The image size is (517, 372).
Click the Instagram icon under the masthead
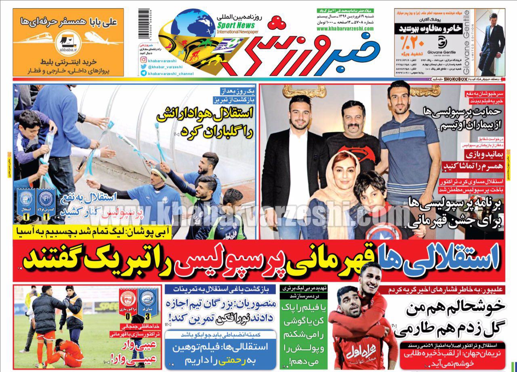(143, 59)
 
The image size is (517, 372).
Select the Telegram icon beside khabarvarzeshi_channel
(143, 73)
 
